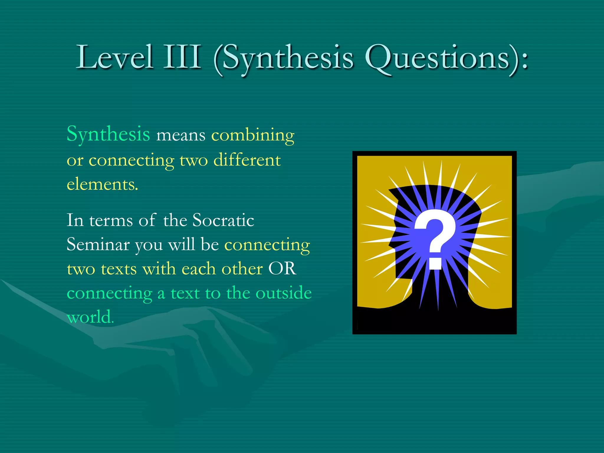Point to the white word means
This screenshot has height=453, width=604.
tap(180, 136)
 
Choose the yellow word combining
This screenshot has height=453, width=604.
tap(253, 136)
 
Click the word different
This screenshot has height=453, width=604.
tap(247, 160)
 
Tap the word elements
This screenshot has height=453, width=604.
tap(102, 185)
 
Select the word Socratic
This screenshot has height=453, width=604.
tap(223, 220)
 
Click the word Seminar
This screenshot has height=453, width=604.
tap(98, 245)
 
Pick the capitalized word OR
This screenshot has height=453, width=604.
tap(282, 269)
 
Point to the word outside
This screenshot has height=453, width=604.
tap(283, 293)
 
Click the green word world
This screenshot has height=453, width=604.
tap(90, 317)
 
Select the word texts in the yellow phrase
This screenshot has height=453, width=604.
tap(119, 269)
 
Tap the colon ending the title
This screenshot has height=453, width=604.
tap(525, 60)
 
